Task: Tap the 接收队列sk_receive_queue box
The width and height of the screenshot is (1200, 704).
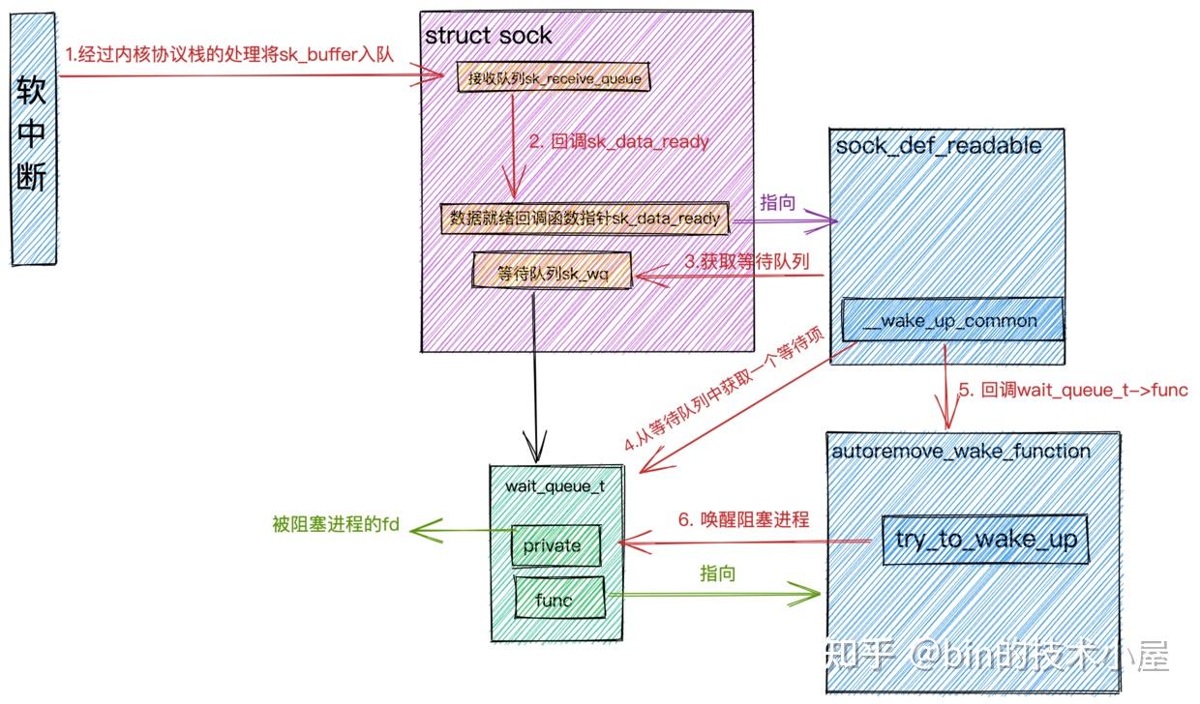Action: (x=554, y=77)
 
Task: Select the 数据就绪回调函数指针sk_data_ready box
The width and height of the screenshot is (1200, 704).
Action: (x=584, y=219)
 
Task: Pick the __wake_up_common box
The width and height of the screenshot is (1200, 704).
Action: (x=952, y=320)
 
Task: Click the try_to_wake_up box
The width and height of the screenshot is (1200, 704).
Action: (x=985, y=539)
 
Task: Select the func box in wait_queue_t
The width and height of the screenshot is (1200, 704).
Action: (x=555, y=600)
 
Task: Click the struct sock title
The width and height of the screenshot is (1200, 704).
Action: (x=488, y=36)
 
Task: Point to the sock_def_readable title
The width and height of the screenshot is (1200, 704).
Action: (x=939, y=146)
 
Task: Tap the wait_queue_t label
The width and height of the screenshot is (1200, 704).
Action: (x=555, y=486)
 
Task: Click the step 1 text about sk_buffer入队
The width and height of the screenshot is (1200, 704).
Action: (x=229, y=55)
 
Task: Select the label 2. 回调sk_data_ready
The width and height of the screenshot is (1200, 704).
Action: (x=618, y=142)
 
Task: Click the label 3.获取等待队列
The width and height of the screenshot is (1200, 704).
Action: (x=746, y=260)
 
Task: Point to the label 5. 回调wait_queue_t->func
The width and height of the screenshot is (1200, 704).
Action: (x=1072, y=390)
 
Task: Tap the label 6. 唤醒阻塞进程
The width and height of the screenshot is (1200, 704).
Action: (x=742, y=519)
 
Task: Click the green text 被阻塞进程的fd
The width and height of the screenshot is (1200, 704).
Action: (x=335, y=526)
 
